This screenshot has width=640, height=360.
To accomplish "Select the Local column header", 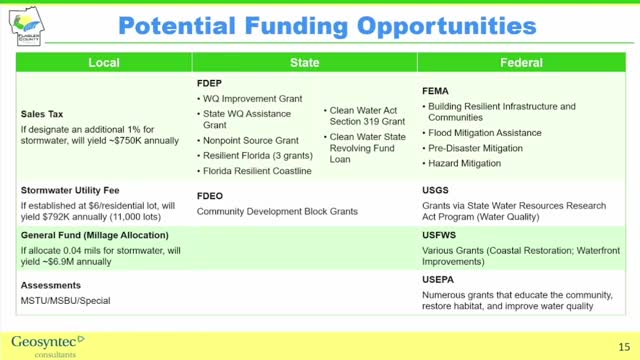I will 104,63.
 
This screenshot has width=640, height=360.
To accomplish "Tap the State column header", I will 304,63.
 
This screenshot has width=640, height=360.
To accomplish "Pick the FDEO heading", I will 211,196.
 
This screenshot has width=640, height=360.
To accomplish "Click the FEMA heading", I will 436,90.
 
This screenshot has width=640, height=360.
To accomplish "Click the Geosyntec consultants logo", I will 48,342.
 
